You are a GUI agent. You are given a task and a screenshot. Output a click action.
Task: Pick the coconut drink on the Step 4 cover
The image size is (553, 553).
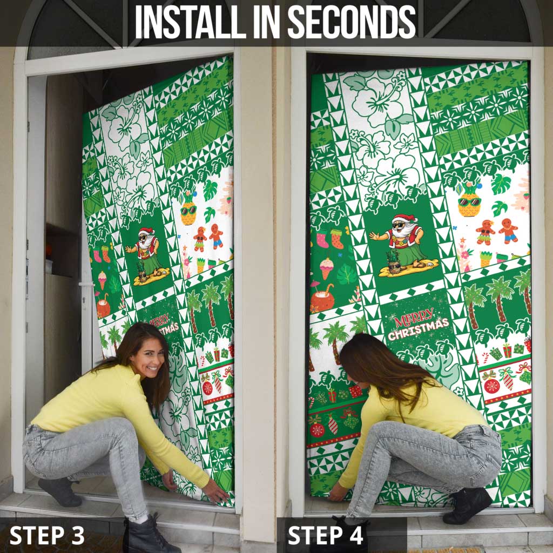coord(322,298)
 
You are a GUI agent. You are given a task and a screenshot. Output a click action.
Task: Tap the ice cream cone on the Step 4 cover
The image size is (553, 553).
coord(326,267)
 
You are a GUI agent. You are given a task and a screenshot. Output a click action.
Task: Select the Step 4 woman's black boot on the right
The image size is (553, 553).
coord(467,505)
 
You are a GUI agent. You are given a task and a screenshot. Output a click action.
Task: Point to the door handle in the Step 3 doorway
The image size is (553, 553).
coord(86,285)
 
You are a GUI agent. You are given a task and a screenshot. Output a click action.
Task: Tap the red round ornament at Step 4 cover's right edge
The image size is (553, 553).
coord(491,385)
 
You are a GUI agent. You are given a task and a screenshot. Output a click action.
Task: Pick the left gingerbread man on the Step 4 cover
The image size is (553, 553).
coord(484,231)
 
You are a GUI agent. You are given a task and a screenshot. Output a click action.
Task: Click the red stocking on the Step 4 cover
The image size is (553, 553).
coord(322,238)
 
